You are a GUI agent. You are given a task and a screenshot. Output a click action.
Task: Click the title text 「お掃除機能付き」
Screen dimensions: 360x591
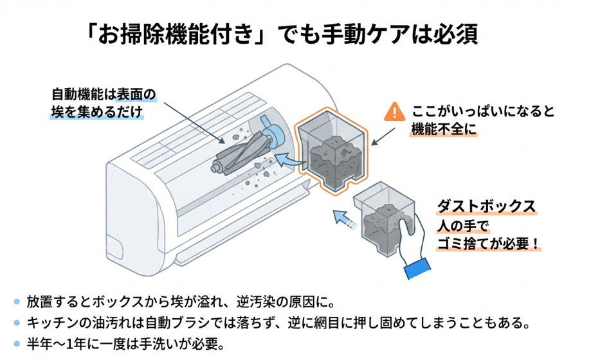tap(177, 33)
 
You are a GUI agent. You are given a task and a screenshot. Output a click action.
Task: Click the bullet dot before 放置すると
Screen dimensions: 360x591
tap(17, 301)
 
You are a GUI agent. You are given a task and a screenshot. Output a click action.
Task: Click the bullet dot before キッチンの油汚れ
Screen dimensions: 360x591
tap(17, 322)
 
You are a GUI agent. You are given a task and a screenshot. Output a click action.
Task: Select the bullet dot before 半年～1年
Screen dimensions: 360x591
tap(17, 343)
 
